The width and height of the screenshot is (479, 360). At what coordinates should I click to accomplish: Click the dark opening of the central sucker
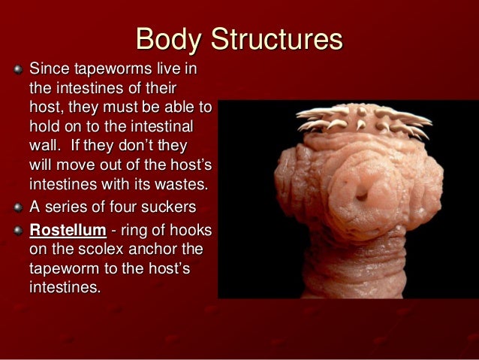(x=362, y=192)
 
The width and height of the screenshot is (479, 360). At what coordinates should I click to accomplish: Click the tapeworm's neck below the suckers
(x=353, y=263)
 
